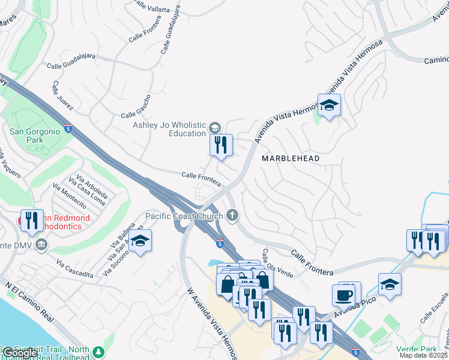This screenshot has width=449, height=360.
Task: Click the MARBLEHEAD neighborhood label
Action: [x=291, y=158]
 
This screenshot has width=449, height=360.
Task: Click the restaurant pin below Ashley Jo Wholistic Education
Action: [x=221, y=145]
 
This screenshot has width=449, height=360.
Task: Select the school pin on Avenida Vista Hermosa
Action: [x=329, y=106]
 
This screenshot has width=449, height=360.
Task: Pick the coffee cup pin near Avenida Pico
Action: [x=344, y=295]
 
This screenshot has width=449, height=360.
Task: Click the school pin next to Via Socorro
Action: [x=140, y=241]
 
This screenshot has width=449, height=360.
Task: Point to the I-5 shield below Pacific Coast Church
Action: [x=220, y=244]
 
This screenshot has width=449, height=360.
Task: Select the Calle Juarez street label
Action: [x=62, y=96]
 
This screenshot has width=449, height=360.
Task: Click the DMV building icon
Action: [x=41, y=244]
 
